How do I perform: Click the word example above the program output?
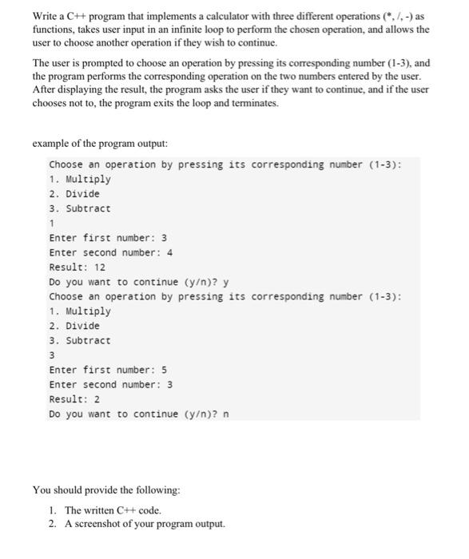click(x=50, y=144)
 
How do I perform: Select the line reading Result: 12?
click(x=78, y=267)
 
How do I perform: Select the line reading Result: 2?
click(x=74, y=398)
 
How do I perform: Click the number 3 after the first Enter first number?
click(x=164, y=238)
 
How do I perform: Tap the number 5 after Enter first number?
click(x=164, y=370)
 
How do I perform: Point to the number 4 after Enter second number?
click(x=170, y=252)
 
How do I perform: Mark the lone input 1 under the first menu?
click(x=52, y=224)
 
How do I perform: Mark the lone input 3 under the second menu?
click(x=52, y=355)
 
